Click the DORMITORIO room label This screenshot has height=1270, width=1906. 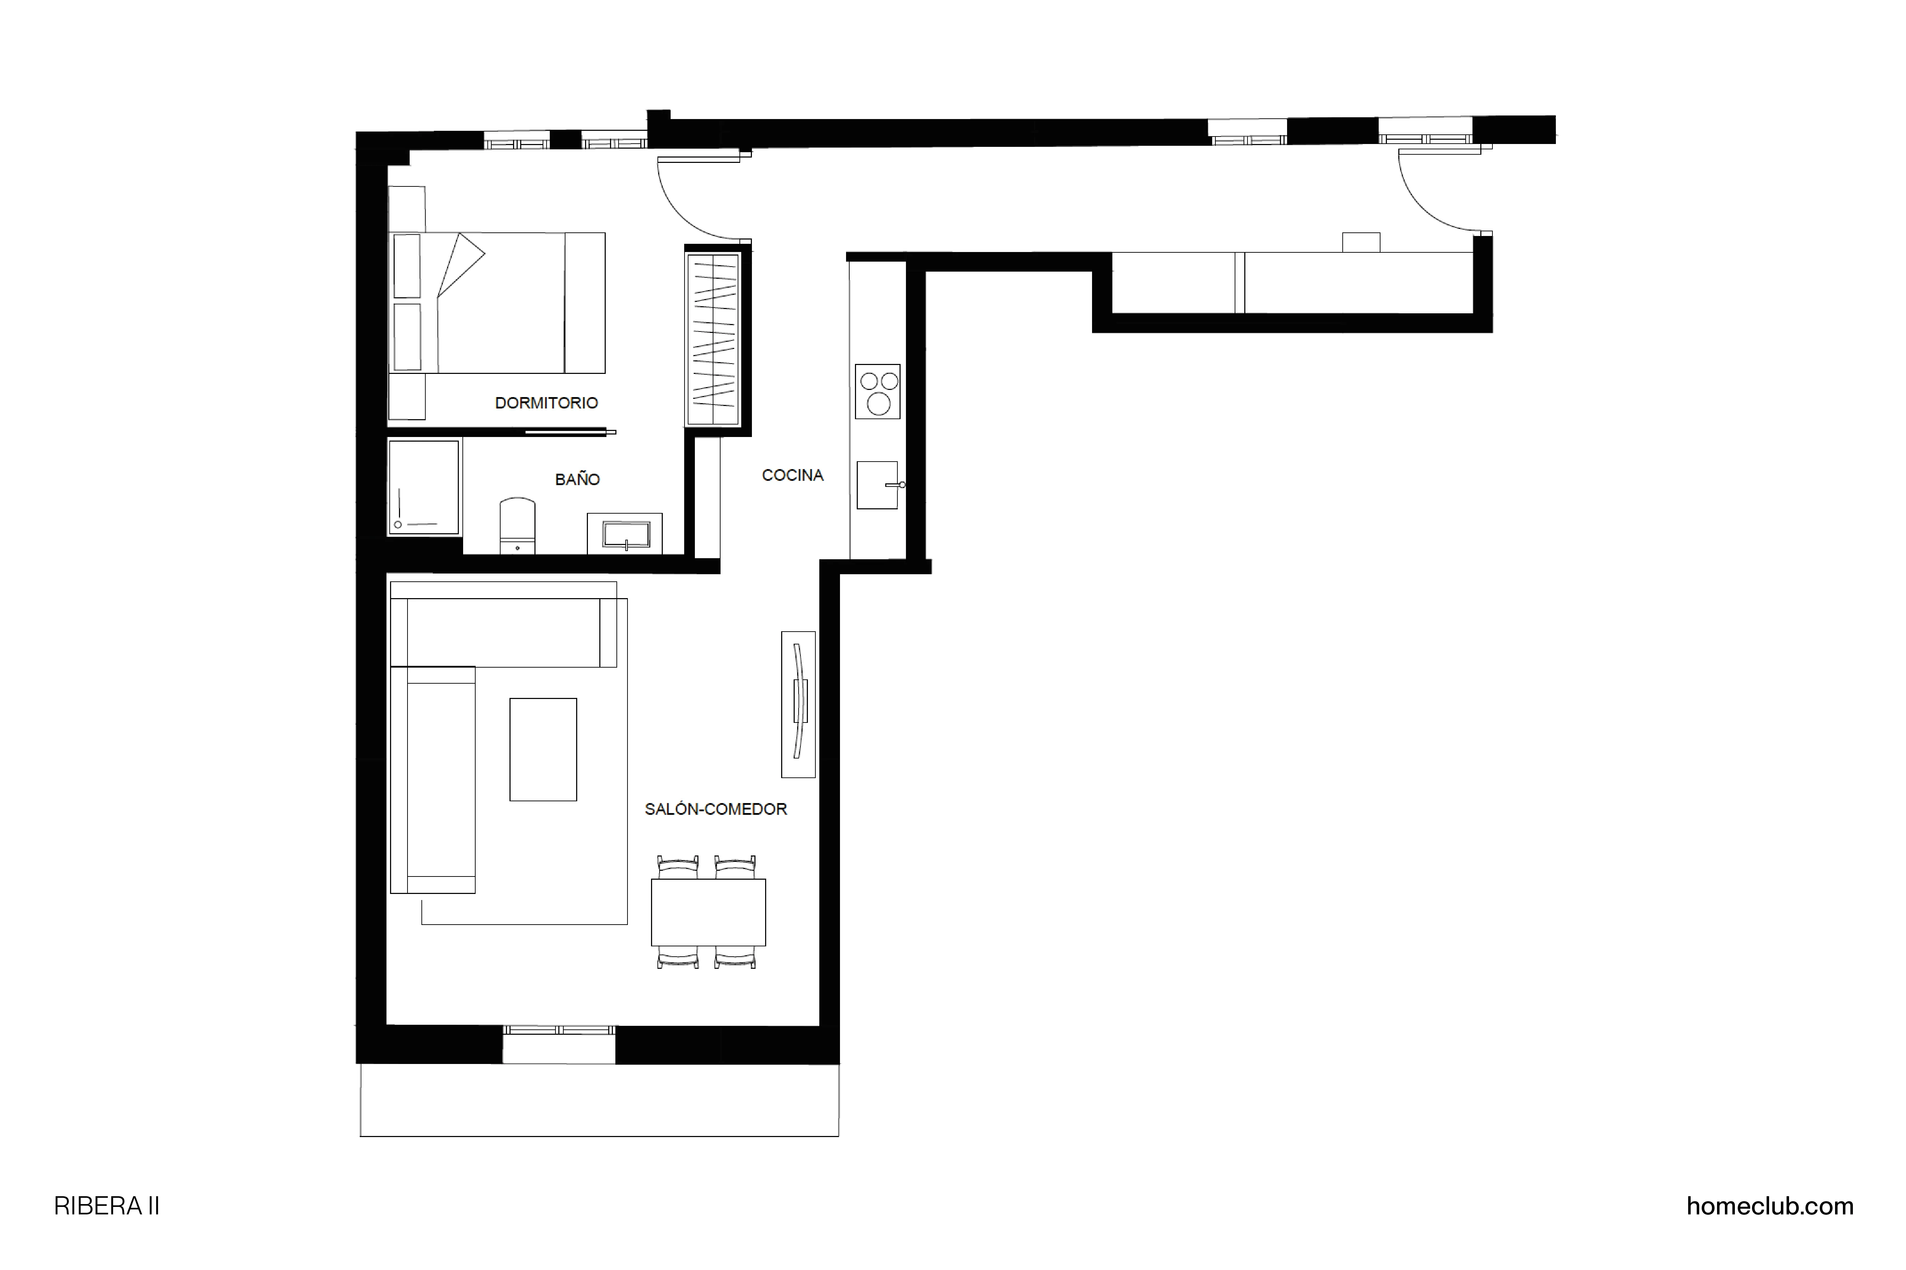point(546,402)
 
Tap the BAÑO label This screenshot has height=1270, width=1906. point(577,479)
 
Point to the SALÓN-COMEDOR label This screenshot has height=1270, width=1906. point(715,809)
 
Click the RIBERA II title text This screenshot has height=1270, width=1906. point(106,1206)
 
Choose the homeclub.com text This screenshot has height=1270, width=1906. point(1769,1206)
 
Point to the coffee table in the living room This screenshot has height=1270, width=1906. point(543,749)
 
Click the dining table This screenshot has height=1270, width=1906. point(708,912)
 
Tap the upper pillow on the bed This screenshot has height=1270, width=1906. point(407,266)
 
